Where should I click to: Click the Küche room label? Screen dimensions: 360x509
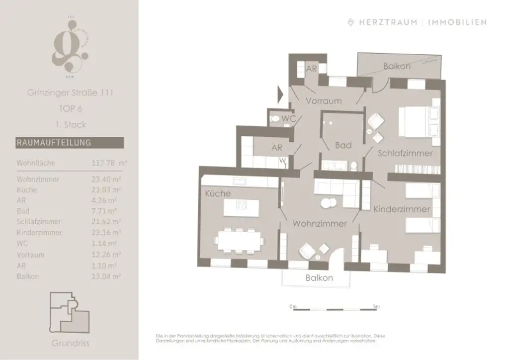tap(218, 193)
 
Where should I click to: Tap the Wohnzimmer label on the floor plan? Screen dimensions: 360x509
tap(319, 224)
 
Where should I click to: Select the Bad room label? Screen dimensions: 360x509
tap(343, 145)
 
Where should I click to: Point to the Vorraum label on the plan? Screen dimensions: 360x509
tap(324, 101)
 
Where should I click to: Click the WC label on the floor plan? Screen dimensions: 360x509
tap(289, 119)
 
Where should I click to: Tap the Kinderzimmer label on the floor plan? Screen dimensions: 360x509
tap(402, 209)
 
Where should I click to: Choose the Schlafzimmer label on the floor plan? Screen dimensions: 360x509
tap(405, 153)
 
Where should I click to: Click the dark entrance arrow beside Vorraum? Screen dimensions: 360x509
tap(280, 93)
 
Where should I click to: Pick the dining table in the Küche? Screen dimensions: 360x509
tap(239, 240)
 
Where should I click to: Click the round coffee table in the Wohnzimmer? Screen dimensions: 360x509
tap(328, 203)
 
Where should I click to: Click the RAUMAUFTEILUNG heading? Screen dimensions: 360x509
tap(54, 143)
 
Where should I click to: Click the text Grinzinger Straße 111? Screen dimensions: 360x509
tap(70, 92)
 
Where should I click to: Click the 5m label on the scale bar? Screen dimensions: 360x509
tap(376, 307)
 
